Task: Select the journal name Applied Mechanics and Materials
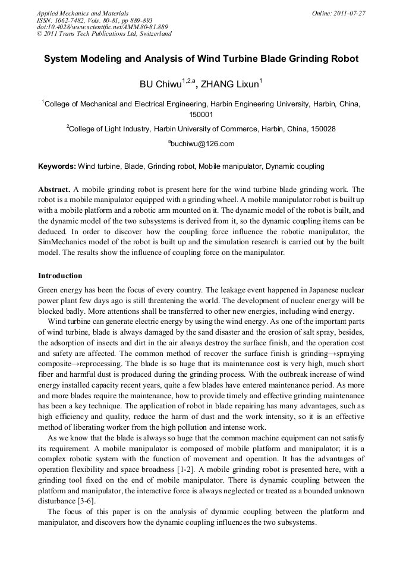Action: pyautogui.click(x=83, y=12)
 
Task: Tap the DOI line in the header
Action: pyautogui.click(x=102, y=27)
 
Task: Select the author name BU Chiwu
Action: pyautogui.click(x=160, y=84)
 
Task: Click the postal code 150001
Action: pyautogui.click(x=201, y=114)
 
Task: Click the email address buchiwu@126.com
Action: pyautogui.click(x=202, y=144)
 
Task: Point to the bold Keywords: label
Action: pyautogui.click(x=57, y=166)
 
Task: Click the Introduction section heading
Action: pyautogui.click(x=60, y=276)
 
